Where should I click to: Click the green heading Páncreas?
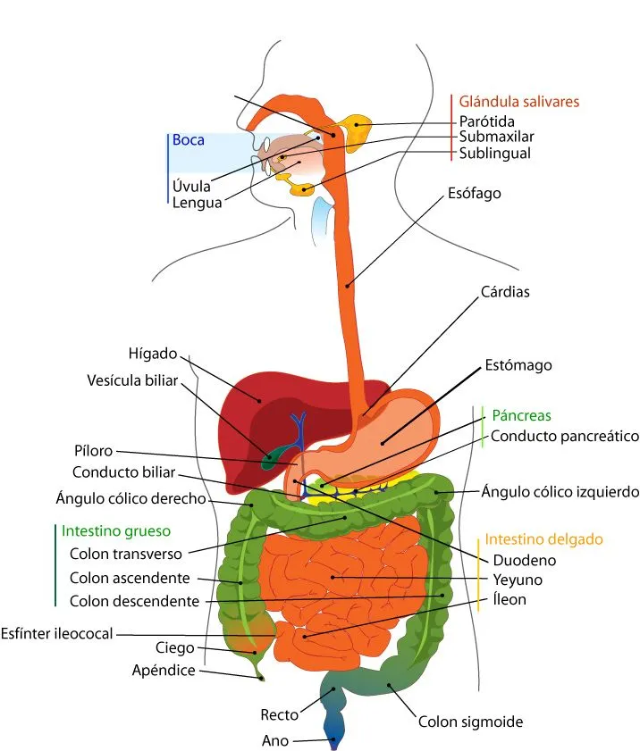pos(521,415)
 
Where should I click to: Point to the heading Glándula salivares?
pos(519,101)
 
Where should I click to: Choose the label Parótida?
pos(486,121)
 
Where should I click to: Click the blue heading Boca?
pos(188,140)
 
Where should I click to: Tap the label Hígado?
pos(153,353)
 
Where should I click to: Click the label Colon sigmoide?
pos(470,722)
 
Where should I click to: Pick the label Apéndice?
pos(164,670)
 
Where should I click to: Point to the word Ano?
pos(274,740)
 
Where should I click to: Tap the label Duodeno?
pos(525,561)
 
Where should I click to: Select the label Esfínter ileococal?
pos(57,633)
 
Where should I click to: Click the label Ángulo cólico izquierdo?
pos(560,491)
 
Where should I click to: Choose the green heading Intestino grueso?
pos(115,530)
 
